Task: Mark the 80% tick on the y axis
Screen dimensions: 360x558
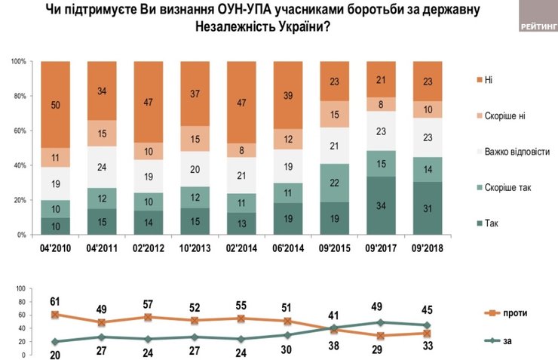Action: [x=19, y=96]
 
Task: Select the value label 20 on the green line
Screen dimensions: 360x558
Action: [x=54, y=355]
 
